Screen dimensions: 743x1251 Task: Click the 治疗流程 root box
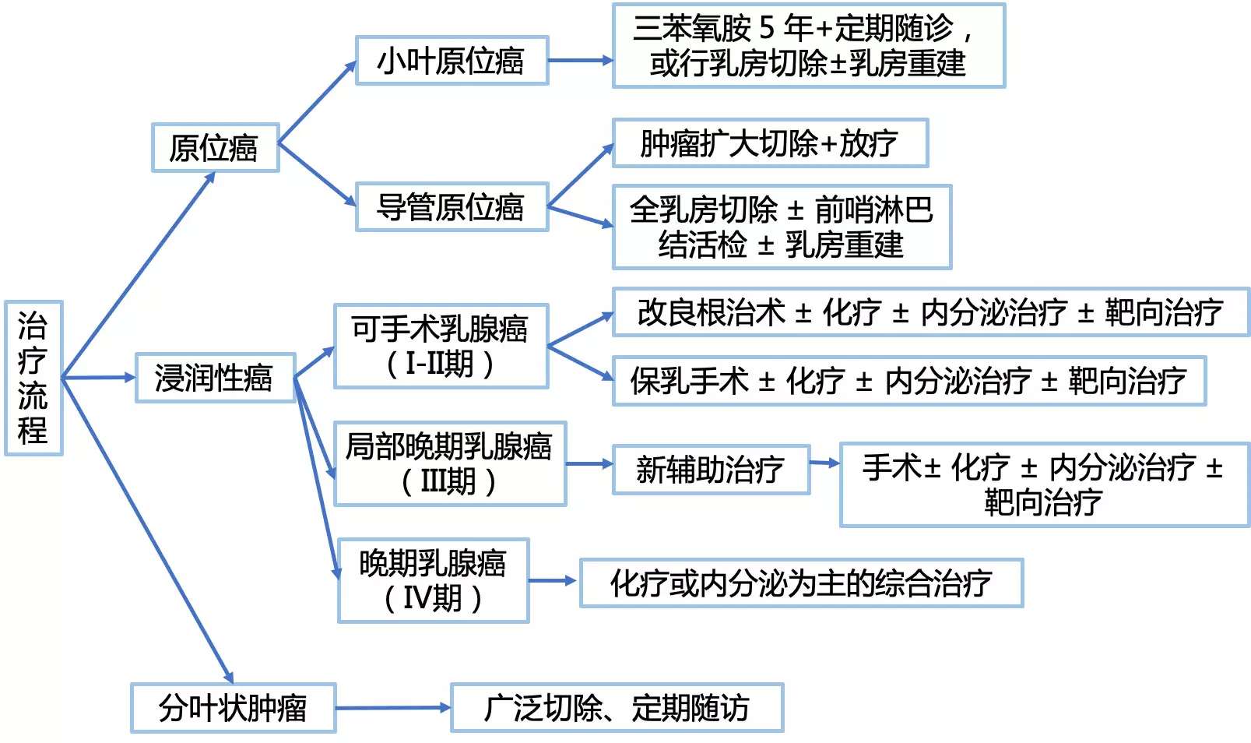[33, 378]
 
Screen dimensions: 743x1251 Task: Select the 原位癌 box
[215, 147]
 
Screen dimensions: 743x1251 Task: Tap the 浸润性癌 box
[215, 378]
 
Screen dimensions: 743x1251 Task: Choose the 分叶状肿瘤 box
[233, 708]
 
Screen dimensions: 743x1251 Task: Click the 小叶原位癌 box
[452, 61]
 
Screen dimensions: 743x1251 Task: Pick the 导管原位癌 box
[452, 207]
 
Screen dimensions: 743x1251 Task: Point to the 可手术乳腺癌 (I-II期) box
[441, 346]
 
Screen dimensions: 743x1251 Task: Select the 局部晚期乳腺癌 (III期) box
[449, 464]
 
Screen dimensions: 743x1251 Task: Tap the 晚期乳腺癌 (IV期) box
[433, 580]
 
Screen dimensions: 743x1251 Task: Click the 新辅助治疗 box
[711, 469]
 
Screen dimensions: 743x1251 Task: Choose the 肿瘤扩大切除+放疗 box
[770, 143]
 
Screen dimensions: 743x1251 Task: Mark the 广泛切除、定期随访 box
[617, 708]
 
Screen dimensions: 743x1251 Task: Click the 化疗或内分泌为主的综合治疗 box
[801, 583]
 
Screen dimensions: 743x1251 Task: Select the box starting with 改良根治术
[930, 312]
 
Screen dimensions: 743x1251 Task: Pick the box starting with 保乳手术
[908, 381]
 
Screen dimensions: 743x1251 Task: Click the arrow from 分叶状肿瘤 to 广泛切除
[393, 708]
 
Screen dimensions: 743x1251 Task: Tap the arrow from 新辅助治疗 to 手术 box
[824, 463]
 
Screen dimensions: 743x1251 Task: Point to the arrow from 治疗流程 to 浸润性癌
[99, 378]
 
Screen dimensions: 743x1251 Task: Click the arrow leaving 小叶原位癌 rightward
[580, 61]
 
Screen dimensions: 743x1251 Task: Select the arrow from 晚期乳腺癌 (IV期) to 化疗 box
[553, 581]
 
